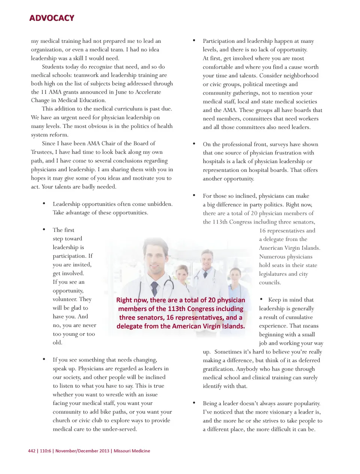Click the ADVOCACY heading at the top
(x=52, y=18)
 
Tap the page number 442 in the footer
(x=31, y=451)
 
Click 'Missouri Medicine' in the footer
(x=132, y=451)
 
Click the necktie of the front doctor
(x=154, y=289)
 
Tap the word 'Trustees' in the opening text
(x=41, y=152)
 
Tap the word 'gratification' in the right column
(x=218, y=369)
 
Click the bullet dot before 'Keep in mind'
(x=261, y=299)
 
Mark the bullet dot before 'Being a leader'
(x=194, y=403)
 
